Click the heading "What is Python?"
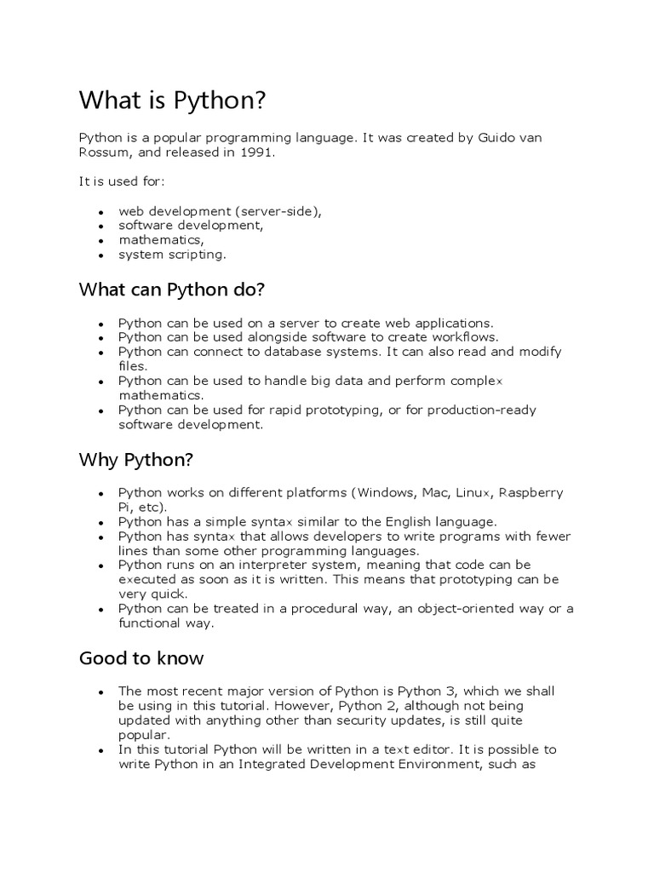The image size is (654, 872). pyautogui.click(x=173, y=101)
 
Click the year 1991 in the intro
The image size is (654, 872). pyautogui.click(x=259, y=152)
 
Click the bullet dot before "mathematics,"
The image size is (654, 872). pyautogui.click(x=100, y=241)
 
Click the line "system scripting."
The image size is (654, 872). pyautogui.click(x=173, y=254)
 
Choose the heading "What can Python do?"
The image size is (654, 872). pyautogui.click(x=172, y=290)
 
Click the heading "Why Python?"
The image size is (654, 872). pyautogui.click(x=136, y=461)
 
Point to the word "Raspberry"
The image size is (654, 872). pyautogui.click(x=531, y=493)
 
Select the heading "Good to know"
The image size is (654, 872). pyautogui.click(x=141, y=658)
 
